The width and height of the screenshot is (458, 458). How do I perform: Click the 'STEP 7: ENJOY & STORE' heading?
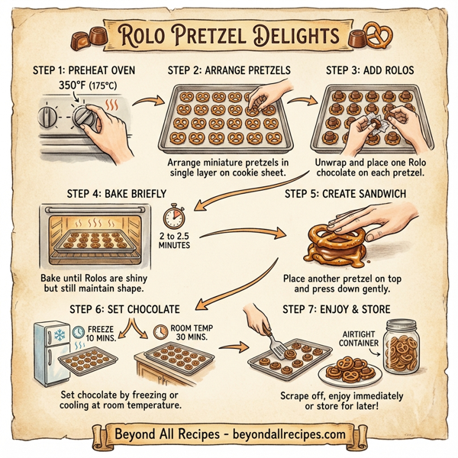click(x=336, y=309)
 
